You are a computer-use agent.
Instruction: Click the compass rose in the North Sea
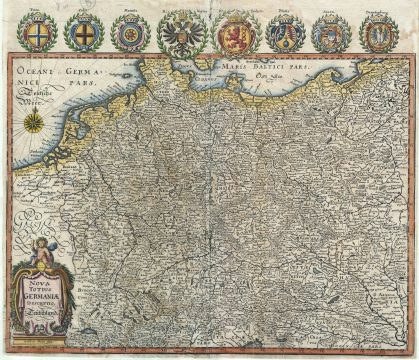coord(34,121)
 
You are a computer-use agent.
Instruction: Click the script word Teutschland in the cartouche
coord(46,310)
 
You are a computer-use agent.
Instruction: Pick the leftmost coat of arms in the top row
coord(37,31)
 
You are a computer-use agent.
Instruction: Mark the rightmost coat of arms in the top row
coord(380,33)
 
